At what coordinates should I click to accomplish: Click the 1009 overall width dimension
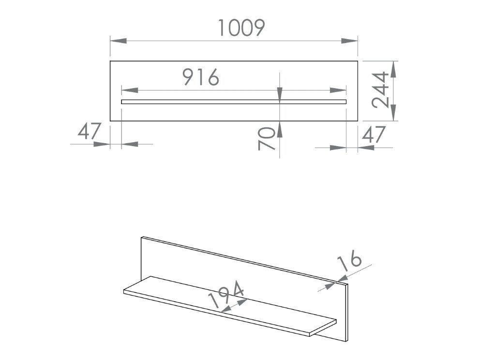240,28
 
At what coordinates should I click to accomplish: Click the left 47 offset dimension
90,131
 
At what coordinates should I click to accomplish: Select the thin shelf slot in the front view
234,102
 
